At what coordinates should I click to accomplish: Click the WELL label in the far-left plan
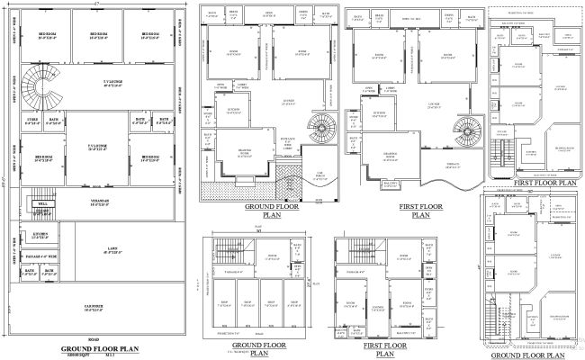[42, 204]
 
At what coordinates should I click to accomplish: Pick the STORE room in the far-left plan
[32, 121]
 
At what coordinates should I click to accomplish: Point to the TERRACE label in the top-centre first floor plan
[453, 165]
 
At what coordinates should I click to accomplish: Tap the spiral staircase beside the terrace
[468, 131]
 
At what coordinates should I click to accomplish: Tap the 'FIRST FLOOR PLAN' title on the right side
[531, 180]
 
